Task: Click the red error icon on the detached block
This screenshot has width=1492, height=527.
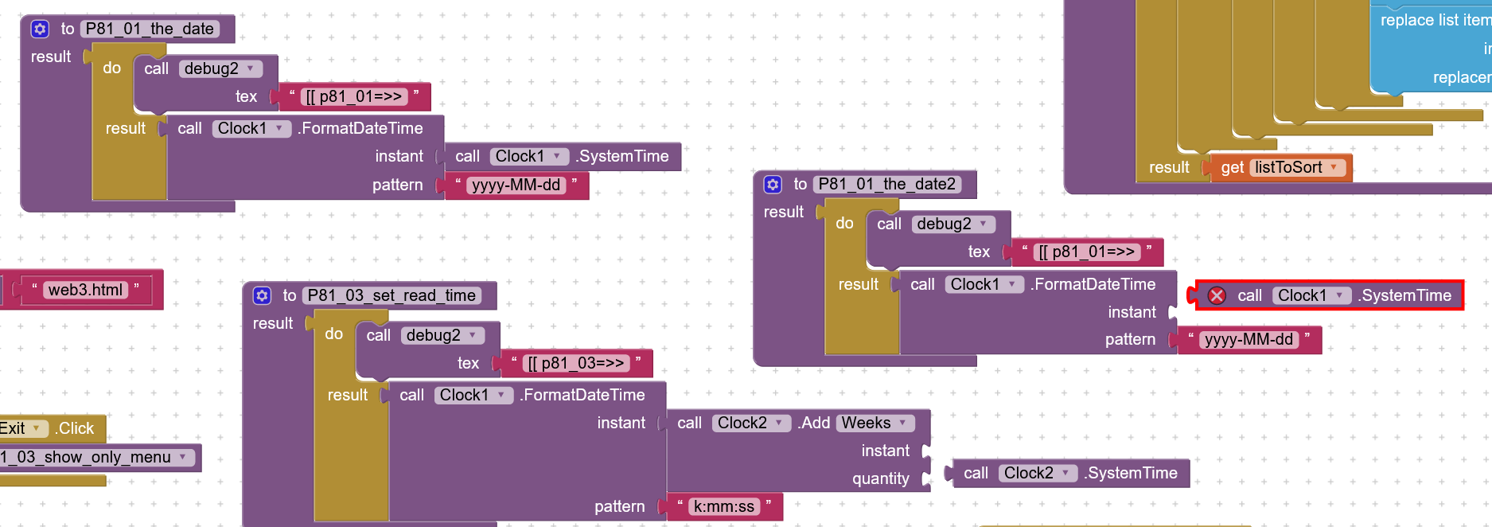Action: click(x=1217, y=296)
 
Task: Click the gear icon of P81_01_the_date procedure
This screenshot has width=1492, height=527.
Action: click(x=40, y=29)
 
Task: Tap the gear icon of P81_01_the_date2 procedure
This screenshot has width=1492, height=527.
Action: click(x=773, y=185)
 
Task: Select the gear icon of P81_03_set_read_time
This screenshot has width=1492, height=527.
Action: click(x=262, y=296)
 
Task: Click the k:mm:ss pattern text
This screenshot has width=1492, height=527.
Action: click(x=723, y=507)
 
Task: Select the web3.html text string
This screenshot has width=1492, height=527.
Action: click(x=85, y=290)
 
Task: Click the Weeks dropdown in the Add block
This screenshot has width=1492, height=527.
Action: click(x=875, y=424)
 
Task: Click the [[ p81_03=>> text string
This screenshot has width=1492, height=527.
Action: click(x=576, y=364)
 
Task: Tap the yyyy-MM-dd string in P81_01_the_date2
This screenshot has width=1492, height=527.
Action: click(x=1249, y=340)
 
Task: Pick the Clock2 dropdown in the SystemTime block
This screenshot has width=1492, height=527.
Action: click(x=1037, y=474)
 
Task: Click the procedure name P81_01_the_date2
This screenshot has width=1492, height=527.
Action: click(x=886, y=185)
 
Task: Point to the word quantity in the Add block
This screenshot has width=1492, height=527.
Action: click(x=880, y=478)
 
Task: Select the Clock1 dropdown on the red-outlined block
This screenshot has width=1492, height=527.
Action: click(x=1311, y=296)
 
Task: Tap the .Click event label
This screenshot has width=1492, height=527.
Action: click(x=75, y=429)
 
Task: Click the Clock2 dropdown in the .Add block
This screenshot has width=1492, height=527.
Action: click(x=750, y=424)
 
